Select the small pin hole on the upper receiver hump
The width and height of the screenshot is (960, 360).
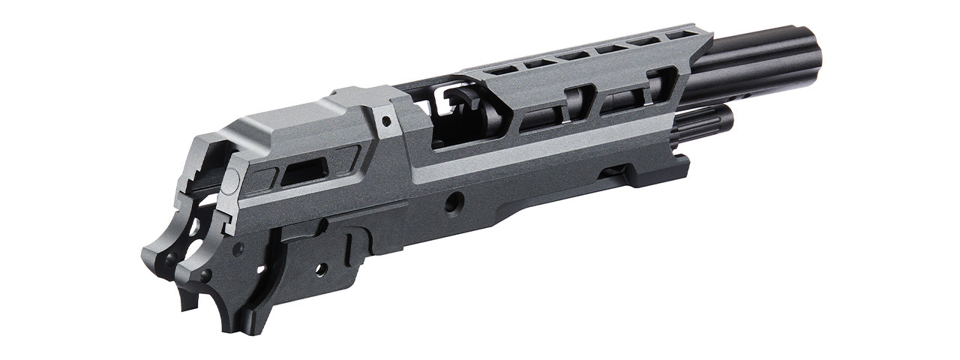pos(385,120)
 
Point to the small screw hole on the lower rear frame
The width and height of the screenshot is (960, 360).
pos(321,268)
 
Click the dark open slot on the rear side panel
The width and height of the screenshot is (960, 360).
pos(304,172)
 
